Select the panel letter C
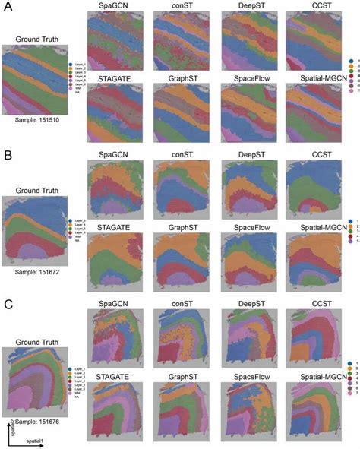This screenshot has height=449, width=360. [8, 303]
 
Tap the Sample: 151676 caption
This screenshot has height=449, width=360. [38, 419]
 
